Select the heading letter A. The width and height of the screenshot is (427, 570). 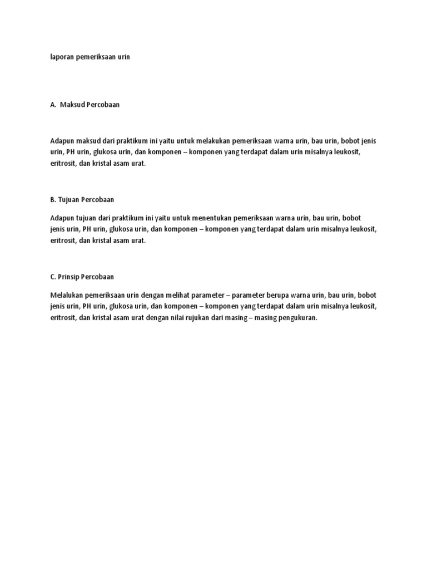point(52,104)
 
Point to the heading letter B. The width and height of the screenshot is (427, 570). point(52,199)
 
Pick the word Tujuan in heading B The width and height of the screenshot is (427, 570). point(69,199)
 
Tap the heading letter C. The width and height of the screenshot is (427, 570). point(52,276)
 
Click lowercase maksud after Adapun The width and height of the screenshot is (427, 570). point(87,140)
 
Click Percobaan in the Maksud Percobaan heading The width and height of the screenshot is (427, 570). point(102,104)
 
